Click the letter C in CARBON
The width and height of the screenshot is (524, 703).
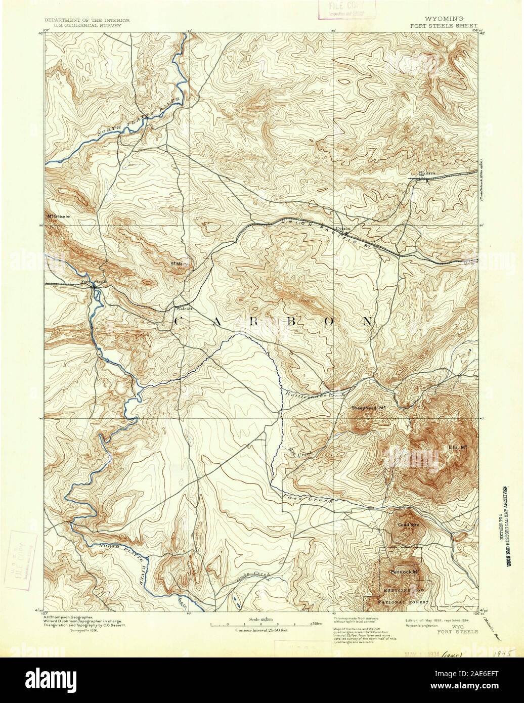point(180,321)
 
